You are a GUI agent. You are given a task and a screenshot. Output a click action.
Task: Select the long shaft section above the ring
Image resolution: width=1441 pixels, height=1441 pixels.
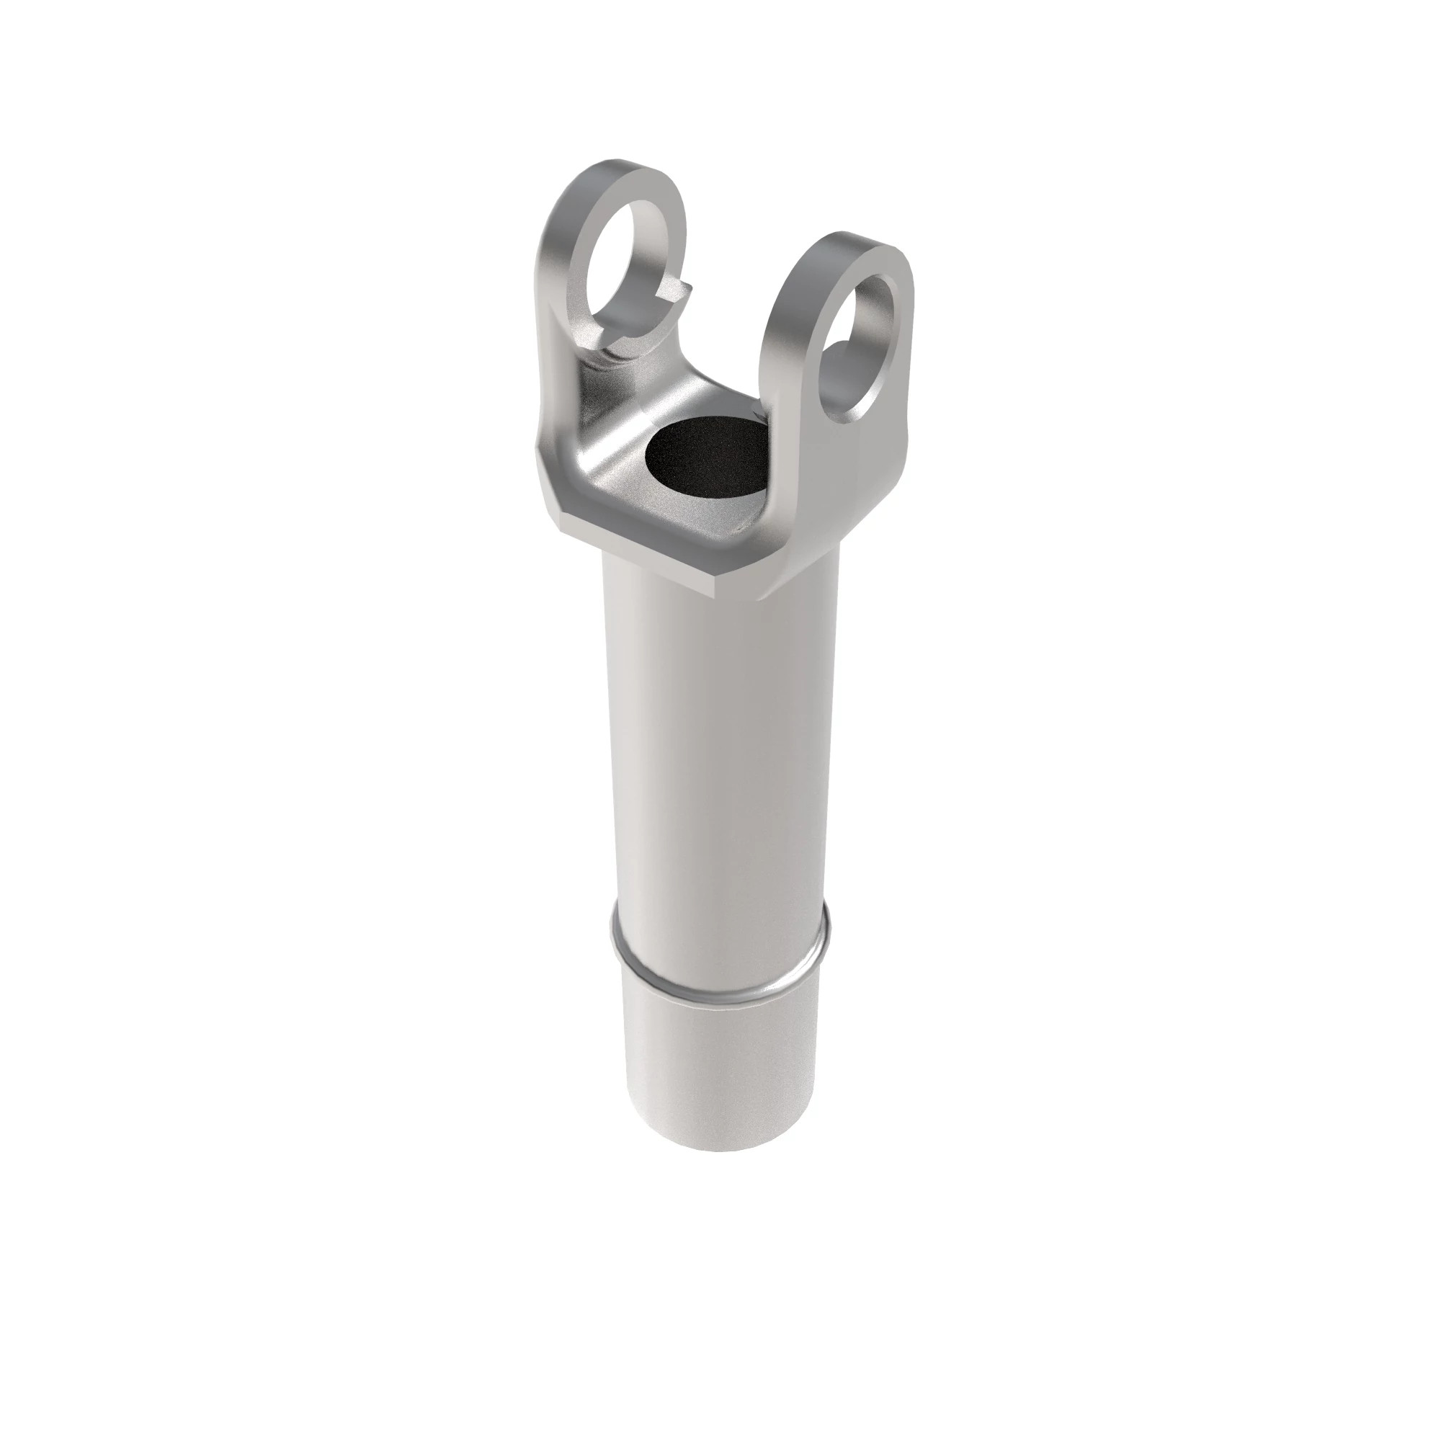(720, 746)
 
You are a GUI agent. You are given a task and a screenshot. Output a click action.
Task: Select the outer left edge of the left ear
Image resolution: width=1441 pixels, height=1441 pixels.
(549, 298)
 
